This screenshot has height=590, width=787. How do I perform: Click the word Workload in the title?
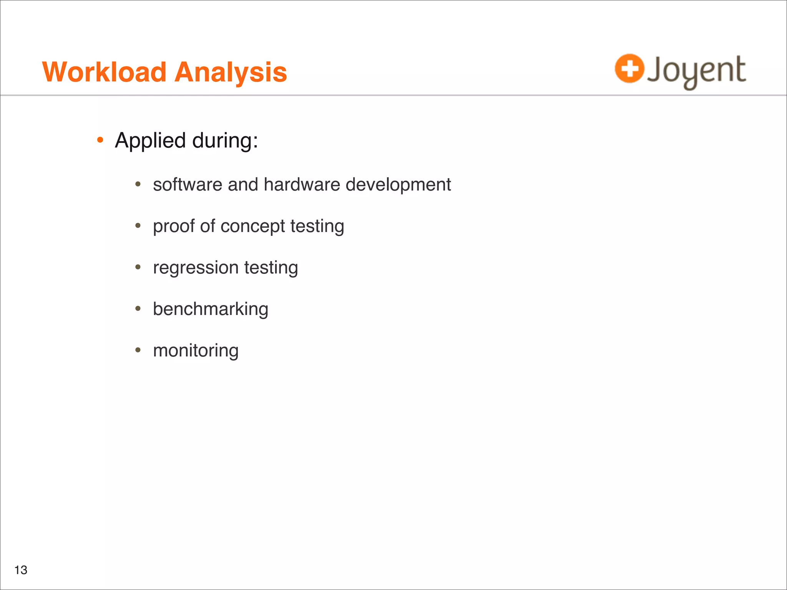click(x=104, y=72)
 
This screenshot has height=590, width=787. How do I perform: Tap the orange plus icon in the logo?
click(x=629, y=69)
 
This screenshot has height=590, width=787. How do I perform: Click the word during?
click(x=225, y=141)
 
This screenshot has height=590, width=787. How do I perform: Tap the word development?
click(x=398, y=185)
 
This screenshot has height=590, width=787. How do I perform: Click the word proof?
click(x=174, y=226)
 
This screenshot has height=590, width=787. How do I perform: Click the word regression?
click(x=196, y=268)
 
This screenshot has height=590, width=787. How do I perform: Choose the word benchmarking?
click(x=211, y=309)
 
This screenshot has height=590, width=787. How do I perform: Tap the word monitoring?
click(x=196, y=351)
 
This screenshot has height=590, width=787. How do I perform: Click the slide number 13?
click(x=21, y=570)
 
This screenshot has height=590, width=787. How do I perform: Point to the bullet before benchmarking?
click(x=138, y=308)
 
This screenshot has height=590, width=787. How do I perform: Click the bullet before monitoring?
click(x=138, y=350)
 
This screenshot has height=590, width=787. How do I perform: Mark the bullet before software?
click(x=138, y=184)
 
